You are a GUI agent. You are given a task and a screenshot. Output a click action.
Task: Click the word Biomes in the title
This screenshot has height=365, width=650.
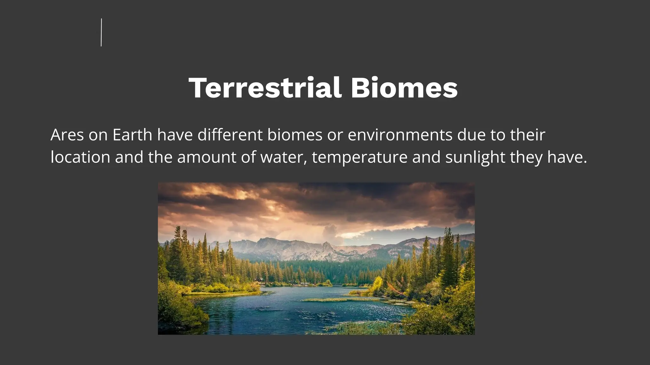click(x=404, y=88)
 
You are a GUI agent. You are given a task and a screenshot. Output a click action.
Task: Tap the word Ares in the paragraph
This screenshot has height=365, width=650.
click(x=67, y=135)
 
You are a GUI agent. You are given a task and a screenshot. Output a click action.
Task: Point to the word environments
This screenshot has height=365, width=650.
click(x=400, y=135)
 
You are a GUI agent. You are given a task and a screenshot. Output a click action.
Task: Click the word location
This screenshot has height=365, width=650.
click(x=80, y=157)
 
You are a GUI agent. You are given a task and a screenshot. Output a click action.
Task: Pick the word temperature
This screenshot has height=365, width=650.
click(x=360, y=158)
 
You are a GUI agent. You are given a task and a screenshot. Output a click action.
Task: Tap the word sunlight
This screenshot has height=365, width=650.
click(x=475, y=158)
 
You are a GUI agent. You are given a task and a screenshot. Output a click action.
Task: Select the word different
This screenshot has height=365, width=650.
click(x=230, y=135)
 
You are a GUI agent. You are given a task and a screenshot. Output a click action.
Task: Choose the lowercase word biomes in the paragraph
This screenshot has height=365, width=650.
click(x=295, y=135)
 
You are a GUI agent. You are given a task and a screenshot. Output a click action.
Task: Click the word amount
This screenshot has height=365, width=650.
click(x=207, y=157)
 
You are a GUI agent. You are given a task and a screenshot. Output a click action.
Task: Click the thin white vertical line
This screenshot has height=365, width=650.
click(x=101, y=32)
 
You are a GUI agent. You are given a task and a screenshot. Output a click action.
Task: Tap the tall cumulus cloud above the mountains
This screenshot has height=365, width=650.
click(x=330, y=231)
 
